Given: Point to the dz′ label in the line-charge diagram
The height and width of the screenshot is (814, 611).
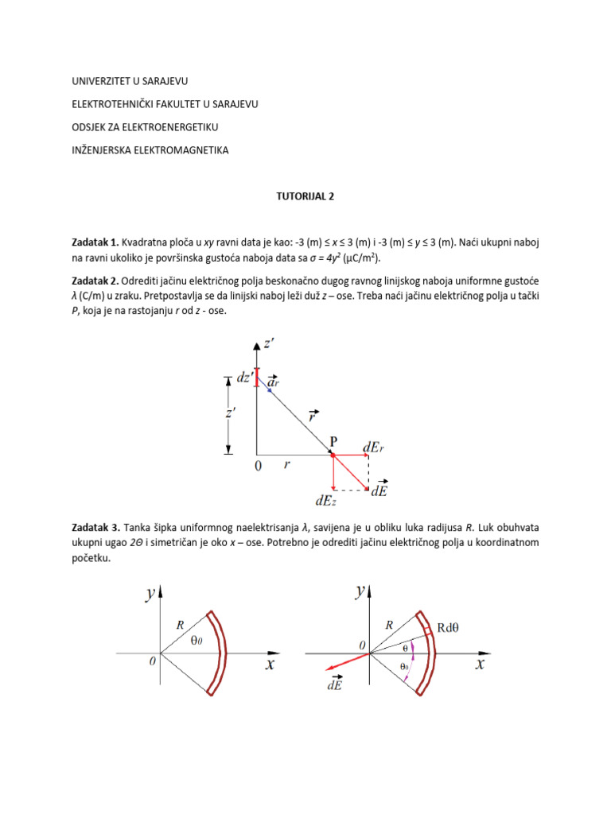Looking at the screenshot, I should click(245, 378).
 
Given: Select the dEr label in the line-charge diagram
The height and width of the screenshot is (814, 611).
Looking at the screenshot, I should click(375, 448).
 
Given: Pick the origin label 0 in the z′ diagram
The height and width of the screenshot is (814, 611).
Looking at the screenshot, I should click(257, 467).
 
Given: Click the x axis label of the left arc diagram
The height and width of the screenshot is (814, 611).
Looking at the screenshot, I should click(270, 665).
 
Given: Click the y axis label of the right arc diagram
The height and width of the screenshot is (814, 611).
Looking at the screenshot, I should click(360, 591).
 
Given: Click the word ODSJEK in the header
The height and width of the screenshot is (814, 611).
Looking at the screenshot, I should click(90, 127).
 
